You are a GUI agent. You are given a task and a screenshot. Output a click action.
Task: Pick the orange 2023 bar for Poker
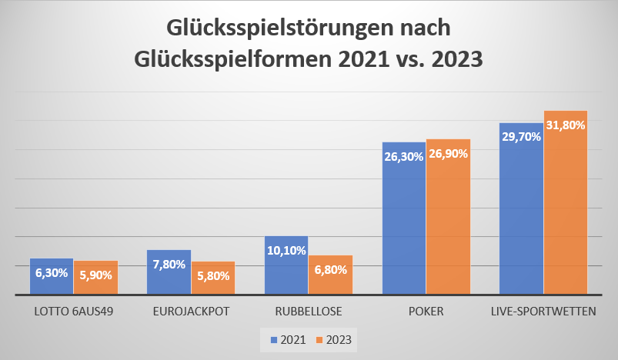[x=447, y=231]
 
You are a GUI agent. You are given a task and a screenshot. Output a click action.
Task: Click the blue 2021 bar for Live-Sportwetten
[x=521, y=223]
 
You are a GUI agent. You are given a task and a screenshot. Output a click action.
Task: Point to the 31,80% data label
[x=565, y=125]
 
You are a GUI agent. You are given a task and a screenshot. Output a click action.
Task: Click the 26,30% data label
[x=404, y=156]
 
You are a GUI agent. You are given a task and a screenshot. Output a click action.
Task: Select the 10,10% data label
[x=286, y=250]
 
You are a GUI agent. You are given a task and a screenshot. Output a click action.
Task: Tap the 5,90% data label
[x=95, y=275]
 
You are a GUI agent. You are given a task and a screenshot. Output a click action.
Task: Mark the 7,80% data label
[x=169, y=264]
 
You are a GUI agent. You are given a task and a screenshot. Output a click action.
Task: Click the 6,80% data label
[x=330, y=270]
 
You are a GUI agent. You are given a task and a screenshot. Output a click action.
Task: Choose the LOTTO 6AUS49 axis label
[x=74, y=312]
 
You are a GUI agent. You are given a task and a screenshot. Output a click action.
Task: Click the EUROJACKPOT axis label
[x=191, y=312]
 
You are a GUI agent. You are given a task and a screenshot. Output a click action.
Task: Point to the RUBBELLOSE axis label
[x=309, y=312]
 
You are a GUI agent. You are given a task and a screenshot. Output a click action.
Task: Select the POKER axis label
[x=426, y=312]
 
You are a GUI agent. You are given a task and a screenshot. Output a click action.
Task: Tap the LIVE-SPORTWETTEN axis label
[x=543, y=312]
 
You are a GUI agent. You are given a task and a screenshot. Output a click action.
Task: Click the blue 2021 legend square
[x=272, y=338]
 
